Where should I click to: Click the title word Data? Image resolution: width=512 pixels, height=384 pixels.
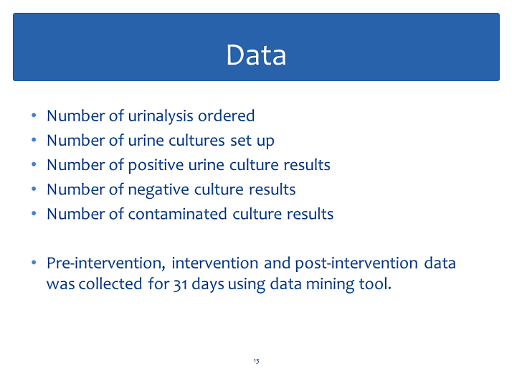coord(256,55)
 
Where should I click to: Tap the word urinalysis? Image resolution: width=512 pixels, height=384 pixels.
coord(161,116)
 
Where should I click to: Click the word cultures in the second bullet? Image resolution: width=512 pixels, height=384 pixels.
coord(196,141)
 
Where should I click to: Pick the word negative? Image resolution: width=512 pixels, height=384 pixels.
coord(158,190)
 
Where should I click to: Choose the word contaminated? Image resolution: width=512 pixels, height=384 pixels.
coord(178,214)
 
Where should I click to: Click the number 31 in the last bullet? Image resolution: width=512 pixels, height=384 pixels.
coord(180,284)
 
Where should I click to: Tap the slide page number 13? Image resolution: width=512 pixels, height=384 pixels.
coord(256,361)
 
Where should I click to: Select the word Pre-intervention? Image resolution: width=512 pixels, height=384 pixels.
coord(106,263)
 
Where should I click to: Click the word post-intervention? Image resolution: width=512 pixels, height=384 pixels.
coord(356,263)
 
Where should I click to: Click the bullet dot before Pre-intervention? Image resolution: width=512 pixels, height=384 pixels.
coord(34,263)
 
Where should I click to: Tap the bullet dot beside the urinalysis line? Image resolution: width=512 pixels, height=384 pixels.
coord(34,116)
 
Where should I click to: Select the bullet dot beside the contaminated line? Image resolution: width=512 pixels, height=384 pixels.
coord(34,213)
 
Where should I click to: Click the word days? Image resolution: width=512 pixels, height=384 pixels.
coord(208,284)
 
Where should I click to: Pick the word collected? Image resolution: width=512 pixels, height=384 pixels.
coord(110,284)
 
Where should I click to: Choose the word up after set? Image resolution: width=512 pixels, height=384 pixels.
coord(265,141)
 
